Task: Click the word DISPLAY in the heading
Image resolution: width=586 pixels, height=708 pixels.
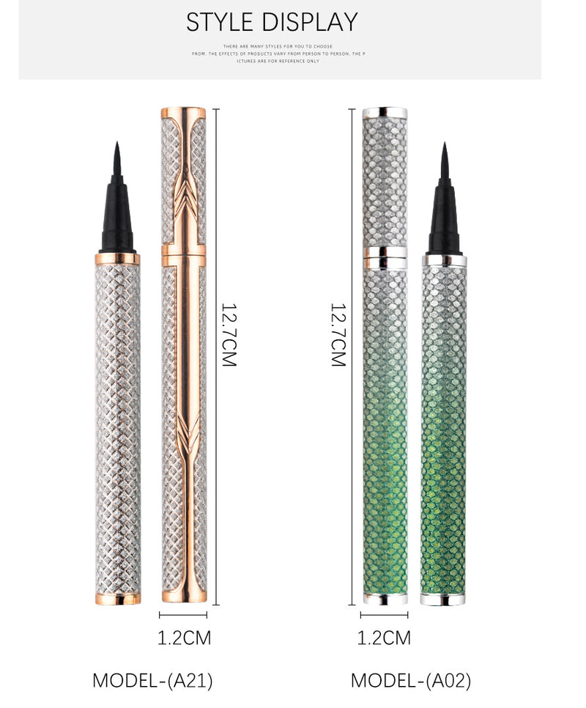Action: [x=312, y=22]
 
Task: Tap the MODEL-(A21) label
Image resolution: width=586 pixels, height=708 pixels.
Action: [x=152, y=680]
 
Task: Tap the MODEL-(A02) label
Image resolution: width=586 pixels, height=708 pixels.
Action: [x=410, y=680]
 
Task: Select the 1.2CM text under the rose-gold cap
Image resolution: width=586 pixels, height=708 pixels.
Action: [x=184, y=638]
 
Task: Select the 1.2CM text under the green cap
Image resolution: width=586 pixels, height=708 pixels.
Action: [x=384, y=638]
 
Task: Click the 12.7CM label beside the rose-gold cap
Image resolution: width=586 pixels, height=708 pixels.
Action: [x=229, y=335]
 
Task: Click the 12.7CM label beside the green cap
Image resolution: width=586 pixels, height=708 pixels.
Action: [x=338, y=335]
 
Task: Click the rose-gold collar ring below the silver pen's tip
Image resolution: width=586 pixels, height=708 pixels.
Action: [x=117, y=259]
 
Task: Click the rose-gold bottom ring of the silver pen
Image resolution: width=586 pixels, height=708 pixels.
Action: [x=117, y=598]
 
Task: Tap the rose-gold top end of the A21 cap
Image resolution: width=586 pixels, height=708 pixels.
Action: [x=183, y=113]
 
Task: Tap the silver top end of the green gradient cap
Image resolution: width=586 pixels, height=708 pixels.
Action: [x=385, y=113]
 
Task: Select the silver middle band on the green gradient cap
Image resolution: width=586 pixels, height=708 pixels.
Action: [x=385, y=257]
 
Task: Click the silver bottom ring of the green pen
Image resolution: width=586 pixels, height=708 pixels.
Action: [x=444, y=598]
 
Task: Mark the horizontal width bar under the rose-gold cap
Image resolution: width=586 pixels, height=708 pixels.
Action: [x=183, y=615]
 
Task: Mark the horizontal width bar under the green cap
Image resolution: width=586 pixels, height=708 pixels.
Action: [x=384, y=615]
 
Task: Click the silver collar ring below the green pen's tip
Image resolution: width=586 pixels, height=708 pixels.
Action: [x=444, y=259]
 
